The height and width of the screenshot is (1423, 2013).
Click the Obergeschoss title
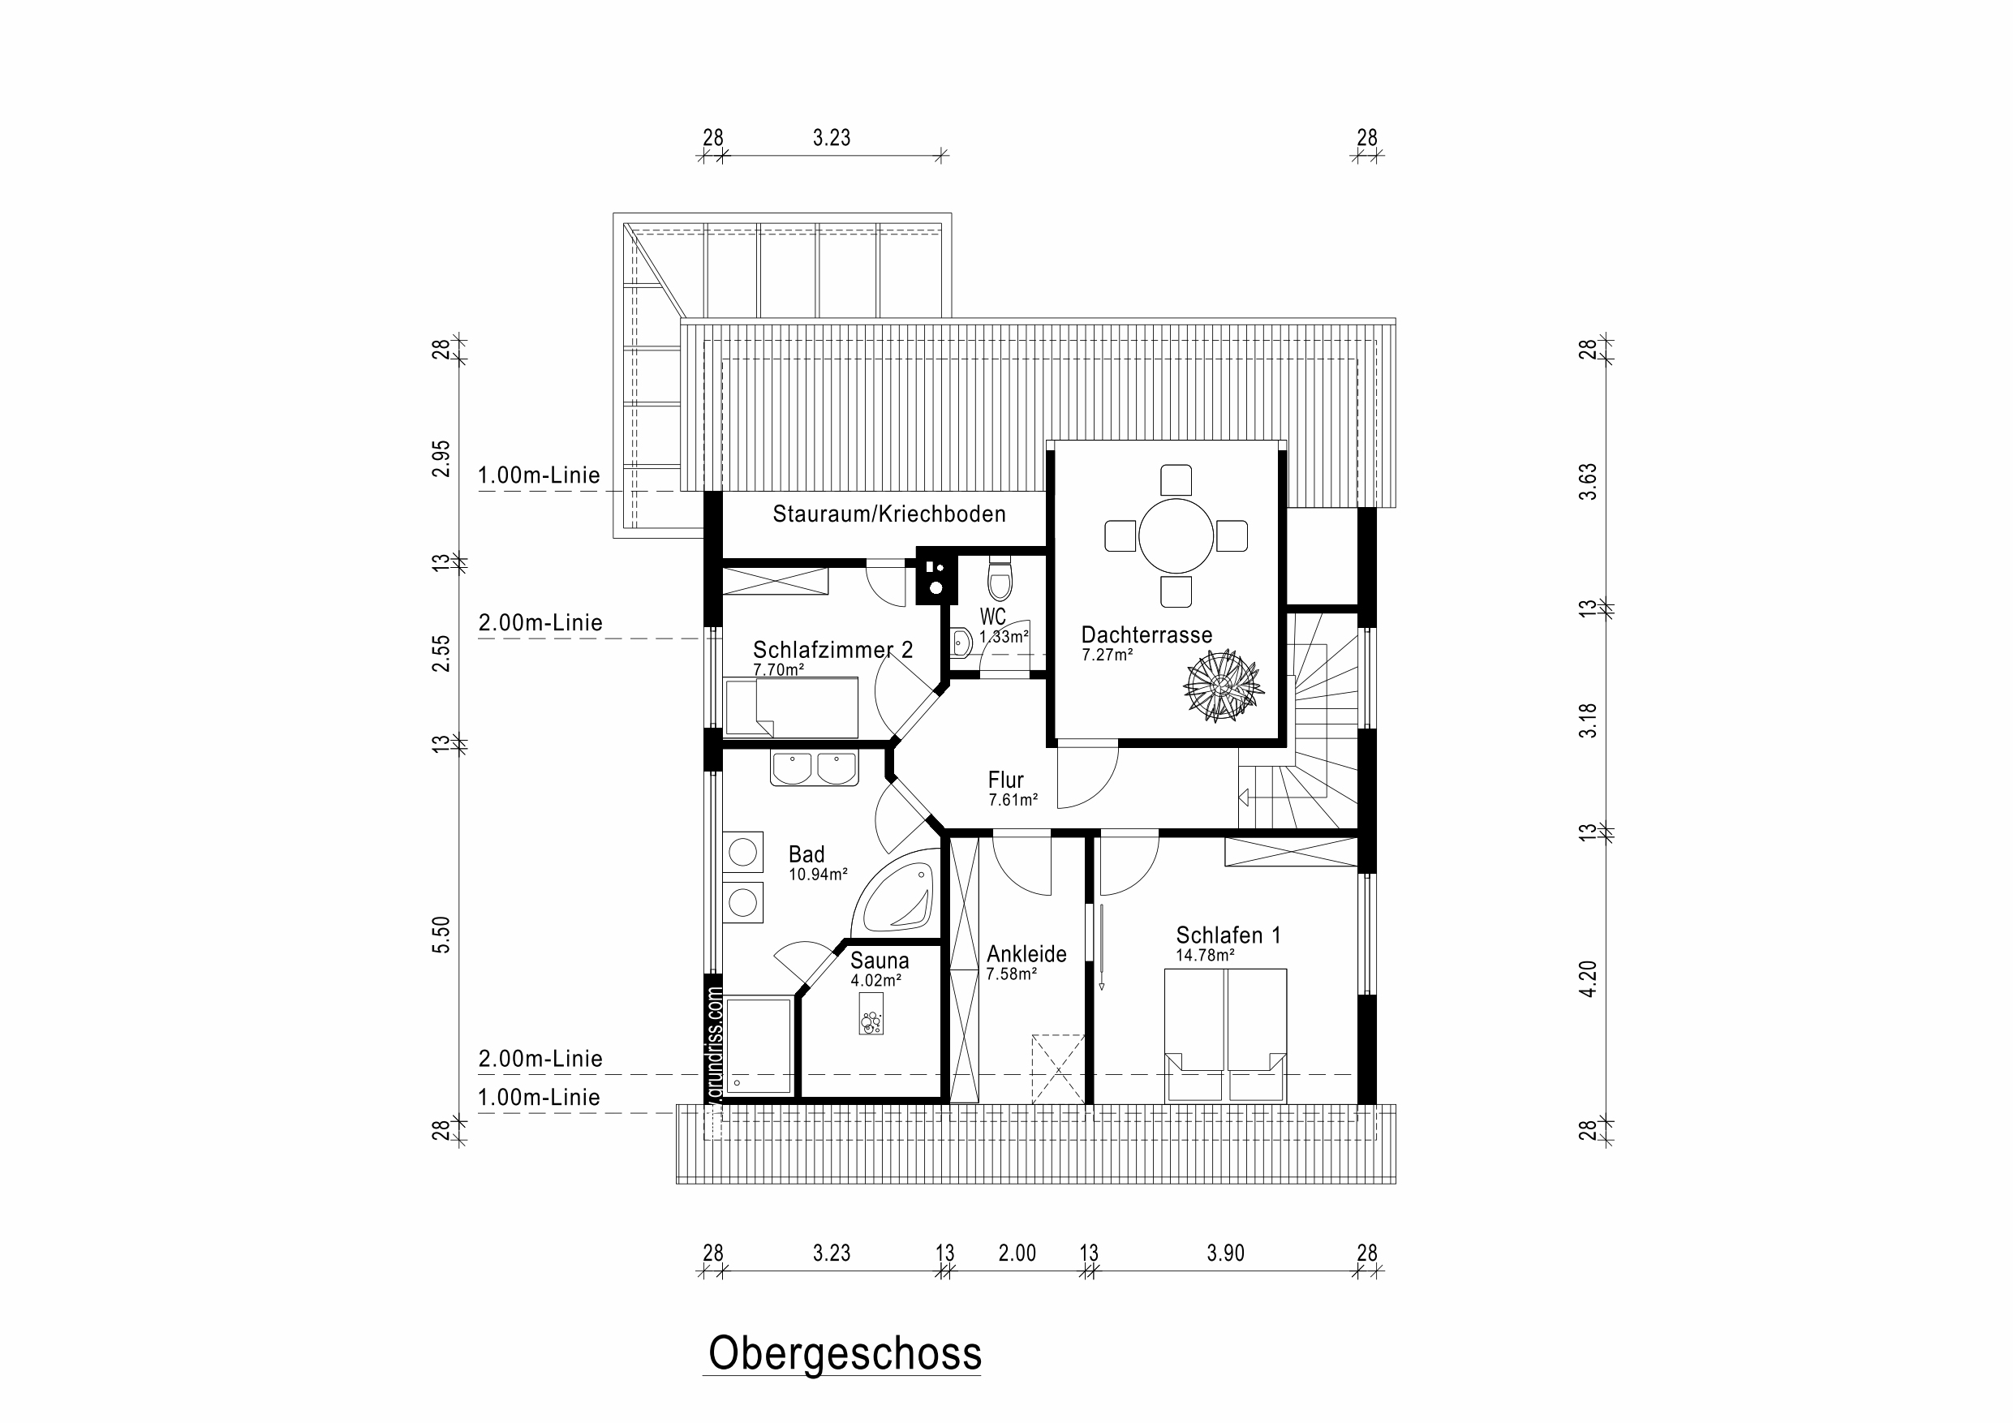coord(845,1354)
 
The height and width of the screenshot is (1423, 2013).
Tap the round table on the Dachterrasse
coord(1176,535)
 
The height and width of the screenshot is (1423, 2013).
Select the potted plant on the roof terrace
coord(1222,686)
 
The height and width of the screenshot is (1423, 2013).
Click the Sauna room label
coord(880,960)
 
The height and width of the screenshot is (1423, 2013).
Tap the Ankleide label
coord(1026,954)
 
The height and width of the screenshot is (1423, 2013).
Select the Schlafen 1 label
coord(1228,935)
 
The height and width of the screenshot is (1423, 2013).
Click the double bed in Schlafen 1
coord(1226,1034)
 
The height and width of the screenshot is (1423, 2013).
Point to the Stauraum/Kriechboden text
coord(889,514)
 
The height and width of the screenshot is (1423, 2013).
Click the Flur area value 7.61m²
coord(1013,800)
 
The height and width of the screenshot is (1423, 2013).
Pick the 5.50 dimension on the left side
coord(442,934)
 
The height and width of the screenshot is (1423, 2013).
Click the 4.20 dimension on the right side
coord(1588,978)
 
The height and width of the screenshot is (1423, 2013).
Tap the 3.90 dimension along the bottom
coord(1225,1253)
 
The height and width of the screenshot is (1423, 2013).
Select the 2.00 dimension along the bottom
coord(1017,1253)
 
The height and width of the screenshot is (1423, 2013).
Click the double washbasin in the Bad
coord(814,768)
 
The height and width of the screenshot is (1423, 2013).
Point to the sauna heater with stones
coord(871,1014)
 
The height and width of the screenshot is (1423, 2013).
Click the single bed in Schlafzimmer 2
coord(791,707)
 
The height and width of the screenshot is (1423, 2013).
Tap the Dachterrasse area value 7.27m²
coord(1107,654)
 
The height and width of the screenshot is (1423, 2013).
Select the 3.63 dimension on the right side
coord(1588,481)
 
